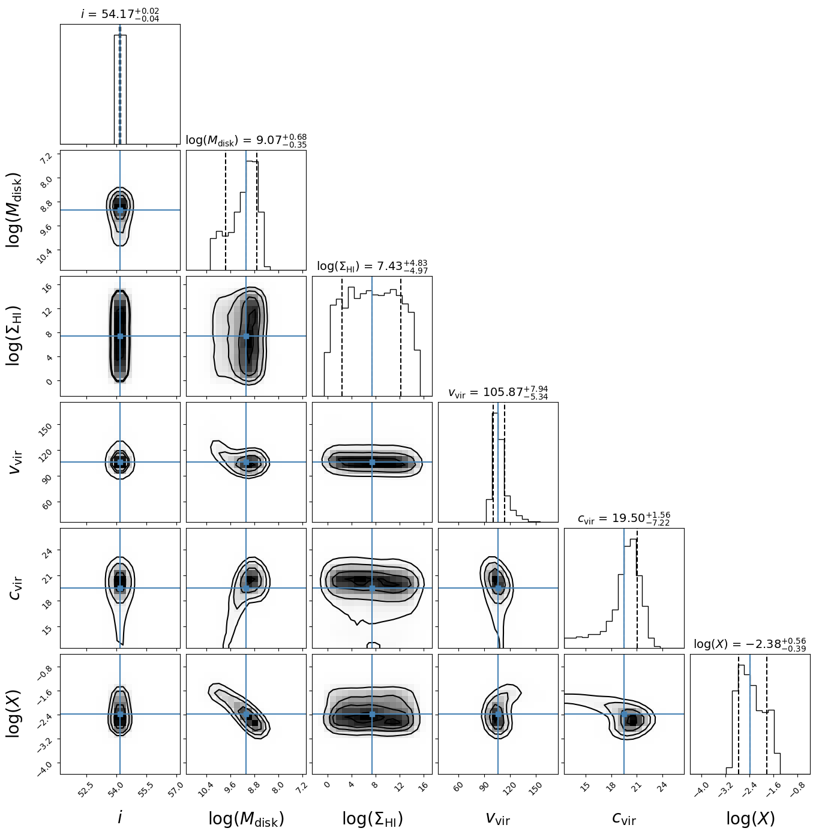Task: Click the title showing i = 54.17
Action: click(x=120, y=14)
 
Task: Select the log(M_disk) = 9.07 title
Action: click(x=246, y=140)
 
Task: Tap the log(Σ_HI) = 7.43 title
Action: click(x=372, y=266)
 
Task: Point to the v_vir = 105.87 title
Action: click(x=498, y=392)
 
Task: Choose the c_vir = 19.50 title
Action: click(x=624, y=518)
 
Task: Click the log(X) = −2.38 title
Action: click(x=750, y=644)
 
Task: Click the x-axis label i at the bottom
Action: click(x=120, y=817)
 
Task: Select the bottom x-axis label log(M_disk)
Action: click(x=246, y=818)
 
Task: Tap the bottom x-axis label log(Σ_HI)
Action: click(x=372, y=818)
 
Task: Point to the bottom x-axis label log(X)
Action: click(x=750, y=818)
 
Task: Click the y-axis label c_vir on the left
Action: click(x=16, y=588)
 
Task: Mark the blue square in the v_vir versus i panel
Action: click(x=120, y=462)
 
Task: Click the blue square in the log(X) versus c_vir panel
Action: click(x=624, y=714)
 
